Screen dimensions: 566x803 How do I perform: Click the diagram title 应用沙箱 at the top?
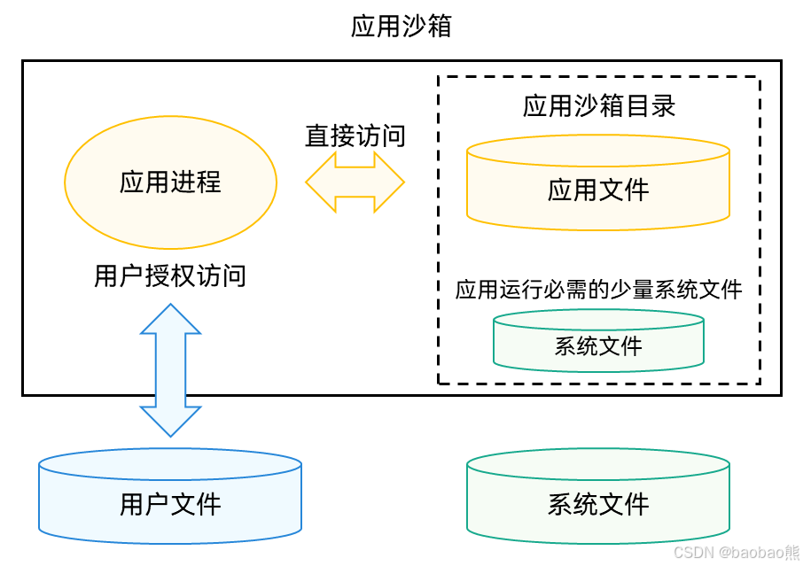401,26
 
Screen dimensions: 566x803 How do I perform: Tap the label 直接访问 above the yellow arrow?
355,136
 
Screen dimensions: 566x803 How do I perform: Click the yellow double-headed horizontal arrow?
355,182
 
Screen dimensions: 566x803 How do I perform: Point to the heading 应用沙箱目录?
599,106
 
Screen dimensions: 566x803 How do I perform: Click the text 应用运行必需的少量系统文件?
598,290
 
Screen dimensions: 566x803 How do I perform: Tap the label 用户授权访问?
170,276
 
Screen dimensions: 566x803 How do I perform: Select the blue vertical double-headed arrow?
171,370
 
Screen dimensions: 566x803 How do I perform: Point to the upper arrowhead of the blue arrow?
171,319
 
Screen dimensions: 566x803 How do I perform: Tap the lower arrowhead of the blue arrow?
171,421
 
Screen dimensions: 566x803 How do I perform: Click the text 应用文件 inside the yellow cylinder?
598,190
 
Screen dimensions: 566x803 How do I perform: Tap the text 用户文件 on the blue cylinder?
170,505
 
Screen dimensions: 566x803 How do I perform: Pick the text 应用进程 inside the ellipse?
171,182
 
